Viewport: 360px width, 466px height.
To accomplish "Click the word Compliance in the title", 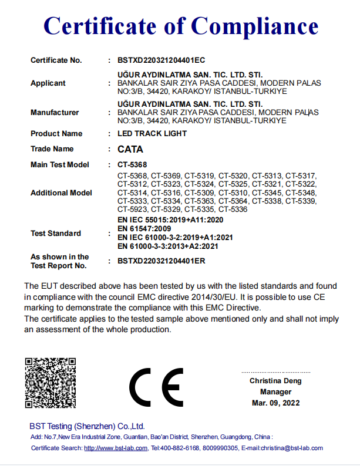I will click(255, 25).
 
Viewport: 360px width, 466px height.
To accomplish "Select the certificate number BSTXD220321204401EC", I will click(161, 60).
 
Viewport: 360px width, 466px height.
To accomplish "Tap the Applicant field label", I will click(48, 83).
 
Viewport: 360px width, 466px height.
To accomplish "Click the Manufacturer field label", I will click(55, 112).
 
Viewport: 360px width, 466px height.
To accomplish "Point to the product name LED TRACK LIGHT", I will click(152, 134).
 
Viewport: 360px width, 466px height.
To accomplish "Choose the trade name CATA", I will click(130, 149).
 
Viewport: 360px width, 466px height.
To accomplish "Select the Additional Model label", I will click(61, 193).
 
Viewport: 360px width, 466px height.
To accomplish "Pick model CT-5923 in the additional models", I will click(132, 210).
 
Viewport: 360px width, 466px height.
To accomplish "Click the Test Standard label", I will click(56, 234).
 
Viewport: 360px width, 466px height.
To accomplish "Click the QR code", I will click(51, 382).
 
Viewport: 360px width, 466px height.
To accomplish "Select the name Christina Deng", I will click(275, 381).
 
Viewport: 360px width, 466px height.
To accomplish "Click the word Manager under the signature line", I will click(275, 392).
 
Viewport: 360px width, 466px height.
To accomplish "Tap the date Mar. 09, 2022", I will click(275, 403).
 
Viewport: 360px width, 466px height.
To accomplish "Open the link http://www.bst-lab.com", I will click(115, 448).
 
